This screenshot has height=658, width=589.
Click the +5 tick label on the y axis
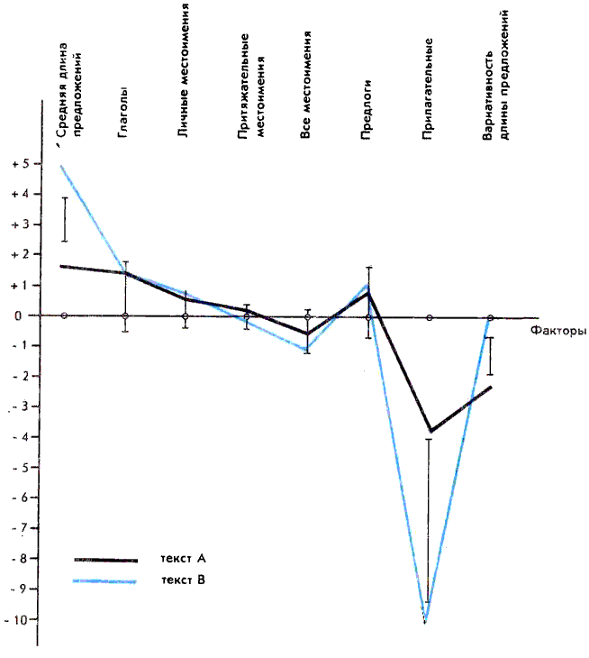17,163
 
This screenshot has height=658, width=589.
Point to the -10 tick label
15,619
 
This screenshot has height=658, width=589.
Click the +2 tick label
17,254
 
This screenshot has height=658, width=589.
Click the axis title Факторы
558,331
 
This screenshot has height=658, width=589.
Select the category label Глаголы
123,114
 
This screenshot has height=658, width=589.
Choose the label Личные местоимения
184,72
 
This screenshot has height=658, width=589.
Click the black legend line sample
105,560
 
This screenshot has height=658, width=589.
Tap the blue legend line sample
105,581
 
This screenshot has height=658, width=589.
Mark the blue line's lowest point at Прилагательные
425,621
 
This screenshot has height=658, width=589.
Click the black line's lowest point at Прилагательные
430,431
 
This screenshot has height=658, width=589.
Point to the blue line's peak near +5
62,165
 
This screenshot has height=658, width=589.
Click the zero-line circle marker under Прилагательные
430,317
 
